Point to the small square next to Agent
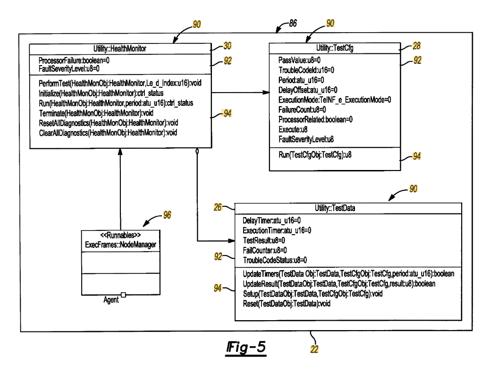(x=123, y=295)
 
